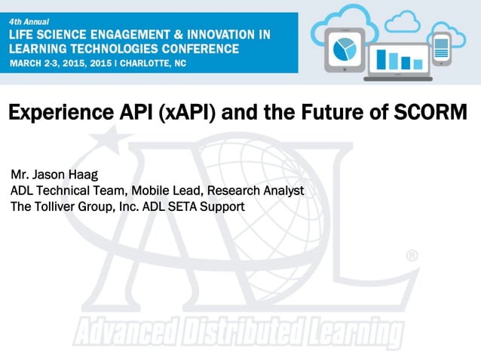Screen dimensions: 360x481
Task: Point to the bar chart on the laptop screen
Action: click(399, 59)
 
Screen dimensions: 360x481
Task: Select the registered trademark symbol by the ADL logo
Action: click(412, 256)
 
